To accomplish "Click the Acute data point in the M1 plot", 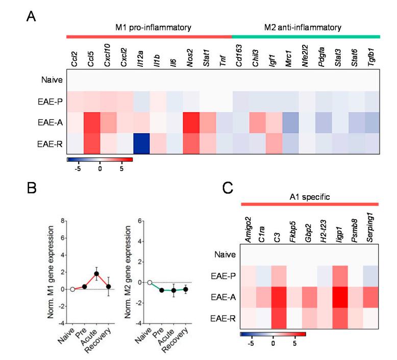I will [96, 274].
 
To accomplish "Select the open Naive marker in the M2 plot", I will [150, 282].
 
